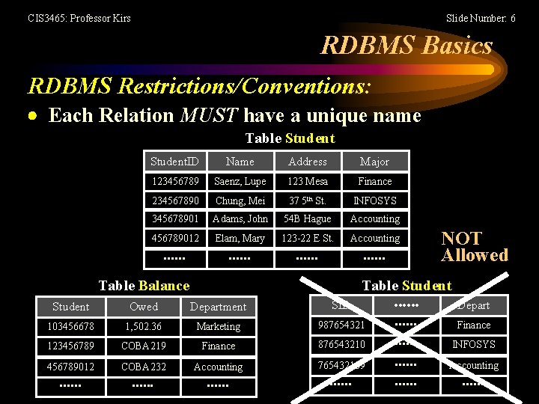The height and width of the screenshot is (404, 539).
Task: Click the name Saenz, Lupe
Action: tap(240, 182)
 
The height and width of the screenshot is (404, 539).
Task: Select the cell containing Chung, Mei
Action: tap(240, 201)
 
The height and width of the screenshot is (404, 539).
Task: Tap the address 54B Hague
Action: tap(307, 219)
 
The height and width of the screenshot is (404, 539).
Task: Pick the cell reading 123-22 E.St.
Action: tap(307, 239)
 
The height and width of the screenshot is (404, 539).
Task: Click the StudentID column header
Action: tap(174, 162)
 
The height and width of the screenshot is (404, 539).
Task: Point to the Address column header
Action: tap(308, 162)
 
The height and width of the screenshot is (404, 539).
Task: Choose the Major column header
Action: tap(374, 162)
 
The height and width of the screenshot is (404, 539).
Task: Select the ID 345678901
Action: tap(175, 219)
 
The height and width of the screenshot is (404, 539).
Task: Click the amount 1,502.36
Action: tap(144, 327)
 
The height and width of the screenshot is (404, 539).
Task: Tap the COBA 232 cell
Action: tap(144, 367)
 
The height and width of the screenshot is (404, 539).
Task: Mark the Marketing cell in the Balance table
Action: tap(218, 327)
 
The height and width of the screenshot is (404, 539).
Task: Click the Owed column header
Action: tap(144, 307)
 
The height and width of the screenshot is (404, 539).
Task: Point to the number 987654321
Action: tap(341, 325)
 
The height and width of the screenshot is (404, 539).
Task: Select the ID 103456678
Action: tap(71, 327)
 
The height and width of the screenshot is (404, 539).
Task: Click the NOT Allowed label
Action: tap(474, 247)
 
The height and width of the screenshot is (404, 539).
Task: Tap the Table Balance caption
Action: tap(144, 285)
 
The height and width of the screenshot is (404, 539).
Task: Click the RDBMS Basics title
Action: tap(406, 46)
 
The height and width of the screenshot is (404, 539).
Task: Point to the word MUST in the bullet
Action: tap(209, 115)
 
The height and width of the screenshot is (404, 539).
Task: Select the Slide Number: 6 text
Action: tap(480, 18)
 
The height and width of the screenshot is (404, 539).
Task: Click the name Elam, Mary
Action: tap(240, 239)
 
